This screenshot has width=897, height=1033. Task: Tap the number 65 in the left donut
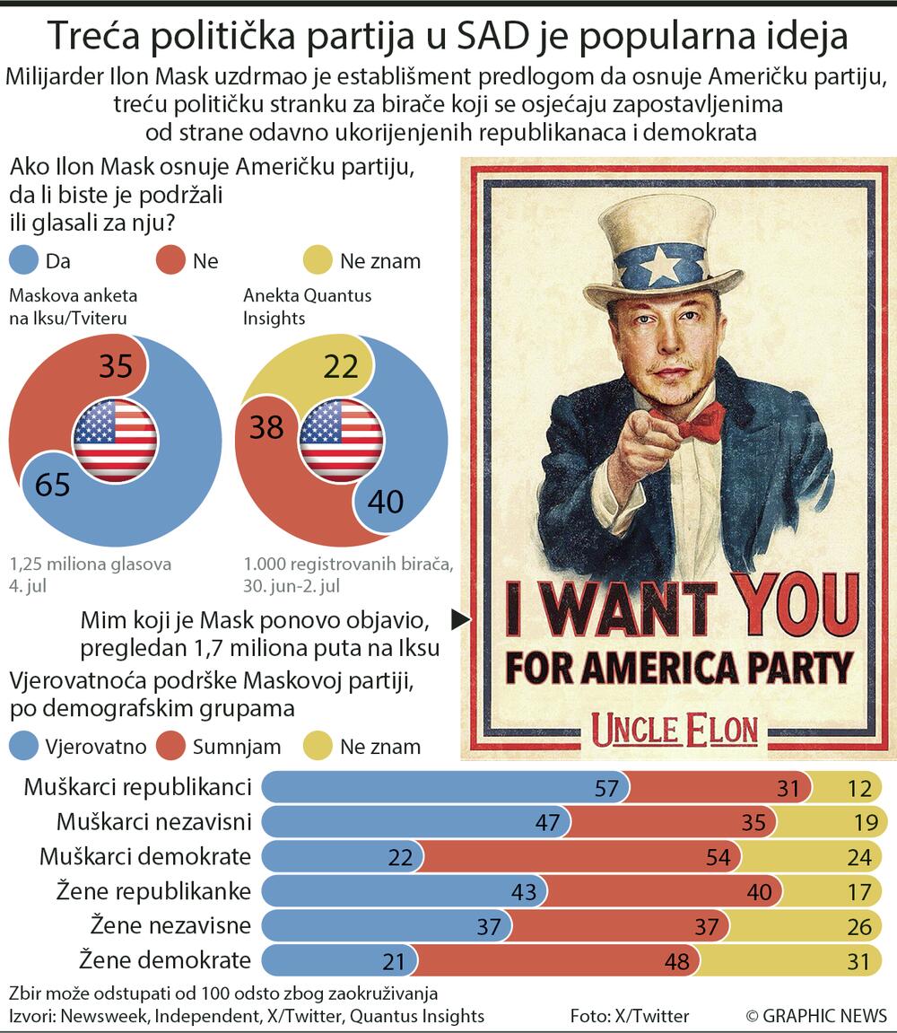coord(52,485)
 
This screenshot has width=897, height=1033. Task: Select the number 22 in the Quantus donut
coord(340,365)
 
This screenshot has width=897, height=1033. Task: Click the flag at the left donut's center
coord(115,440)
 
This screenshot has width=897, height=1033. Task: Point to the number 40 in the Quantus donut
coord(386,501)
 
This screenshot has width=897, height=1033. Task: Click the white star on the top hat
coord(662,265)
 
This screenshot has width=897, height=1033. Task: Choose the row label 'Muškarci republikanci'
coord(137,788)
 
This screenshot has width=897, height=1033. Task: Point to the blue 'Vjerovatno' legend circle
coord(24,746)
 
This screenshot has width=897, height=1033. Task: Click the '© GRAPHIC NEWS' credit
coord(815,1016)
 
